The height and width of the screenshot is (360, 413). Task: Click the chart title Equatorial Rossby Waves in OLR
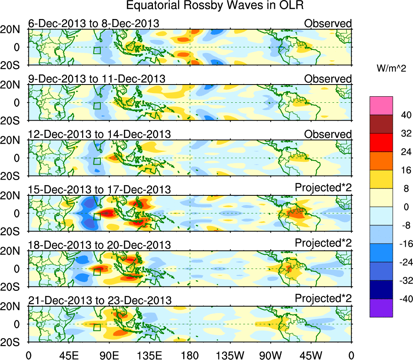[215, 6]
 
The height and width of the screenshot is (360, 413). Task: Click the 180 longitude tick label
[190, 355]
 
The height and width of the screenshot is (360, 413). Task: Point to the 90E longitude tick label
[109, 355]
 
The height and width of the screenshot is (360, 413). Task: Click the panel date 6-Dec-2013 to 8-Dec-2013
[93, 23]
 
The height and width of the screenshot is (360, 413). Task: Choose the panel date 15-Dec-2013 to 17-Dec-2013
[99, 189]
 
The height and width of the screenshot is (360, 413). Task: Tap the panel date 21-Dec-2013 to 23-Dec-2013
[100, 300]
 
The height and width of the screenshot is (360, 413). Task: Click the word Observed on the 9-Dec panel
[328, 79]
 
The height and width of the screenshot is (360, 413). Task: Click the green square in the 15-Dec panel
[97, 216]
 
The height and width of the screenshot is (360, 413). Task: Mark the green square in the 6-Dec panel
[97, 50]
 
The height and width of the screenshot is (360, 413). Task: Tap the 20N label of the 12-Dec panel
[16, 140]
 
